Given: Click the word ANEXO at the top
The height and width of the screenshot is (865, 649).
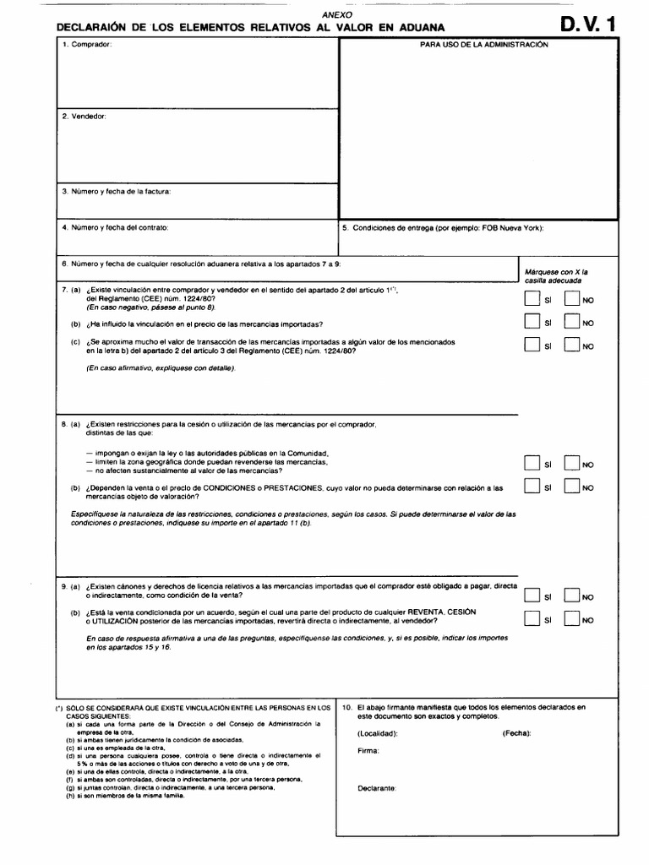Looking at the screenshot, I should tap(337, 15).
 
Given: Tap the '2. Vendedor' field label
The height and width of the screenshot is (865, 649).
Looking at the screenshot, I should tap(85, 116).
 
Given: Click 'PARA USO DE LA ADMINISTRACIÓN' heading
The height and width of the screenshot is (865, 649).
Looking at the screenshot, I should tap(484, 44).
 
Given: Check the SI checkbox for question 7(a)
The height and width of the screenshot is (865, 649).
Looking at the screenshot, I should tap(530, 298).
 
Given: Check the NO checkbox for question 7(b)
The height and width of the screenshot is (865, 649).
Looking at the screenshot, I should tap(572, 322).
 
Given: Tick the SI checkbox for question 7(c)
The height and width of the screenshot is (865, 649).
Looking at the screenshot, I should tap(530, 345).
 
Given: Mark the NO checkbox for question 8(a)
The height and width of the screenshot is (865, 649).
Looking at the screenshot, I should tap(572, 463).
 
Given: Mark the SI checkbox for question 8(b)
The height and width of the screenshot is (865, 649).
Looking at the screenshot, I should tap(530, 487).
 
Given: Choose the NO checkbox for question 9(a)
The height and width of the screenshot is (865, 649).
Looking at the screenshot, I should tap(572, 596).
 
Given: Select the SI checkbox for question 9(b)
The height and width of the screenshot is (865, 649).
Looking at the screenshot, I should tap(530, 619).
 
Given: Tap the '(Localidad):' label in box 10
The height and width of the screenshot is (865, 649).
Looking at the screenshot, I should tap(378, 732).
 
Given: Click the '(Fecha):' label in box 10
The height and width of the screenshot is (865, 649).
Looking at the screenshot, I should tap(516, 732).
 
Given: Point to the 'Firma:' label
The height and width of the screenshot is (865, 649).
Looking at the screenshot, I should tap(368, 750).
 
